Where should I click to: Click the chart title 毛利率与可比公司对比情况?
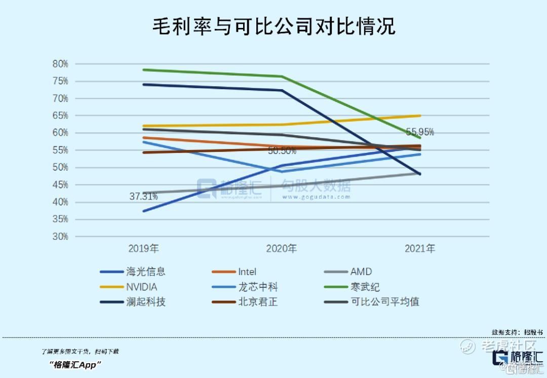[273, 26]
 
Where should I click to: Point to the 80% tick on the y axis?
[60, 64]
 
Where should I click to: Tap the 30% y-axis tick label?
[60, 237]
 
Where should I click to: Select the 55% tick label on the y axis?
[60, 150]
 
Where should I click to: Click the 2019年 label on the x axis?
[144, 249]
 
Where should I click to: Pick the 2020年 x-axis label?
[282, 249]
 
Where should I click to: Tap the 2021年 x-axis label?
[420, 249]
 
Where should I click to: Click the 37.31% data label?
[143, 197]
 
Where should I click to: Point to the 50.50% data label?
[282, 151]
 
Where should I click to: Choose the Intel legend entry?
[247, 272]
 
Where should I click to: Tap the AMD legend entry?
[361, 272]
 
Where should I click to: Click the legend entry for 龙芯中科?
[258, 287]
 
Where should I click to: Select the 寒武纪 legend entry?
[365, 287]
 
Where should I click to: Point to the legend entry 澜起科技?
[146, 302]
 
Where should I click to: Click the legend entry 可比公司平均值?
[385, 302]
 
